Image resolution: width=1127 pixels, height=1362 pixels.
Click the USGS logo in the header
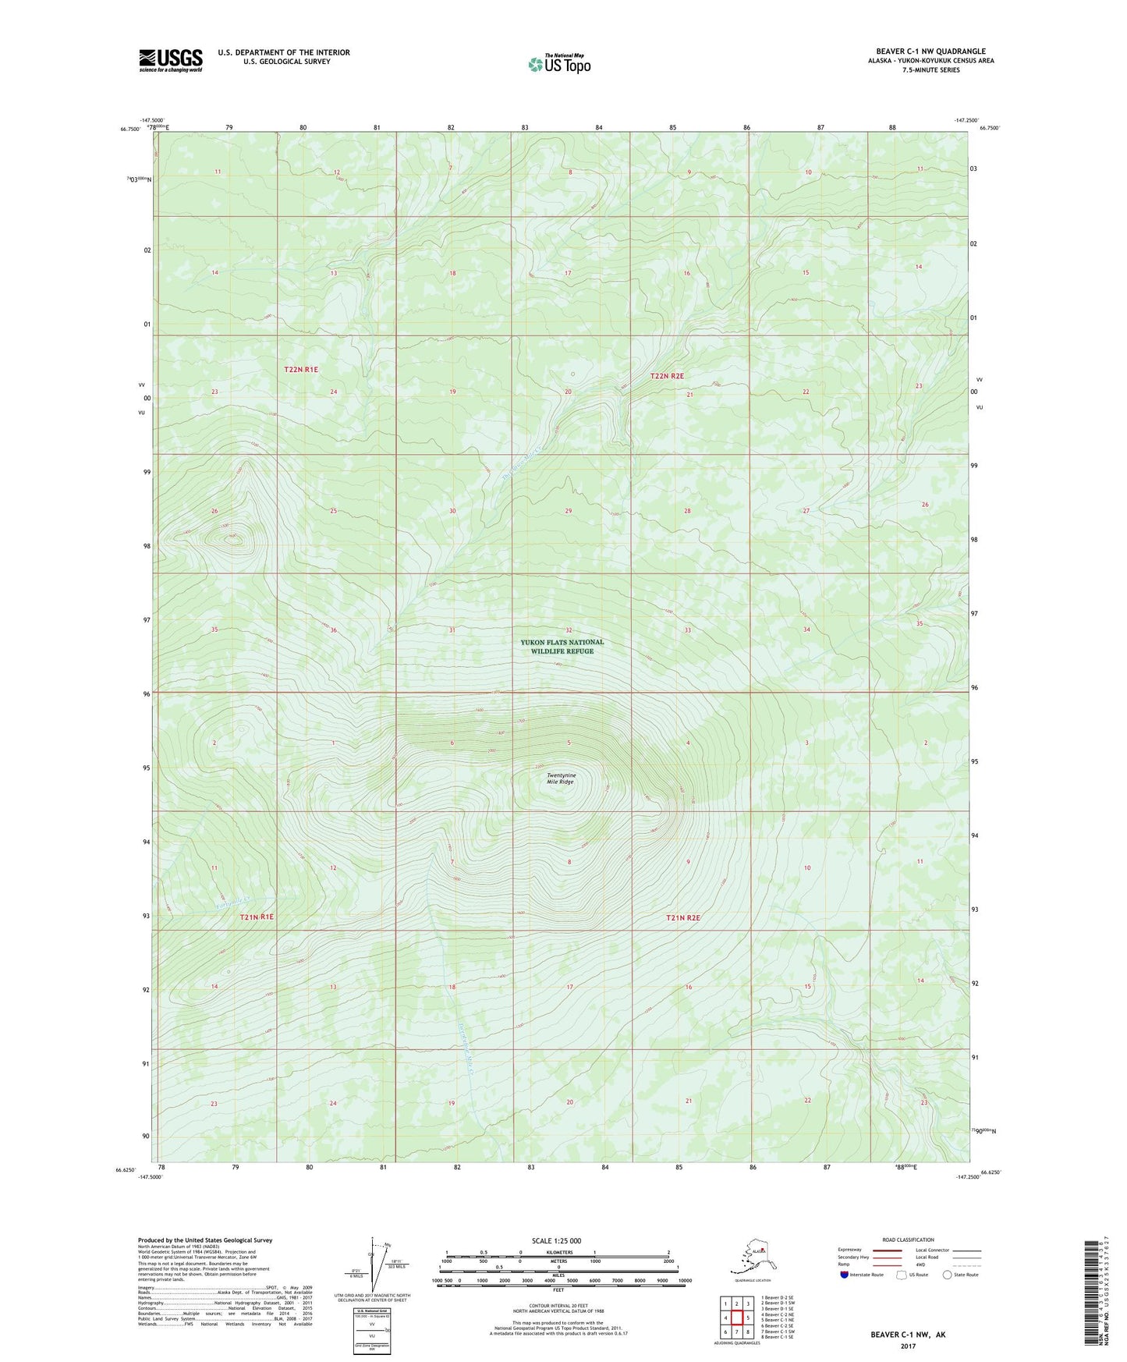pos(171,60)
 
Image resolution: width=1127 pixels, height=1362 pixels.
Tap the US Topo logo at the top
pos(558,64)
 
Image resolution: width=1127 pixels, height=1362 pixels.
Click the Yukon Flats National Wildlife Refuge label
pos(562,647)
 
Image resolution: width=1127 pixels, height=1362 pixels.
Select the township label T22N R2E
pos(667,376)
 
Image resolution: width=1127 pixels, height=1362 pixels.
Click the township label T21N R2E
pos(683,918)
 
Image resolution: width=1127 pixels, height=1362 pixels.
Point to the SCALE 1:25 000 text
pos(557,1241)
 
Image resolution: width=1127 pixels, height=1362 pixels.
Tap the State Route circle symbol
pos(948,1275)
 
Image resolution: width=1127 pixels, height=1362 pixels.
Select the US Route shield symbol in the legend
pos(902,1275)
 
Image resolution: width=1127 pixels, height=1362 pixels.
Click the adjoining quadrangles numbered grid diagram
pos(736,1318)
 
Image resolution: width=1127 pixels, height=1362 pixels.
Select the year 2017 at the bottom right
pos(908,1346)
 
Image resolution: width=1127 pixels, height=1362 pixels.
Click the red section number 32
pos(569,630)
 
